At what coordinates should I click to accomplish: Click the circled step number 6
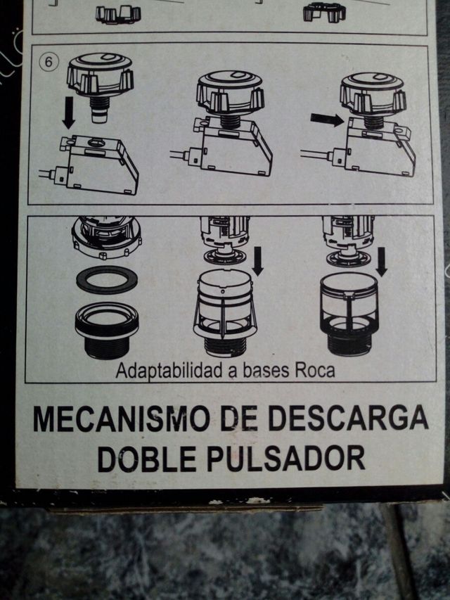click(x=49, y=61)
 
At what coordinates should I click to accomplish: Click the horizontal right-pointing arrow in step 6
click(x=326, y=120)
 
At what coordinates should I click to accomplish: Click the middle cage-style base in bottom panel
click(x=225, y=309)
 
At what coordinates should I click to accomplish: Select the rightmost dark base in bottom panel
click(x=349, y=312)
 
